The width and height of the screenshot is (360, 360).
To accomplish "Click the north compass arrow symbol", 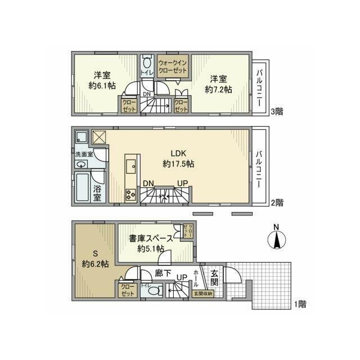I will coord(277,238).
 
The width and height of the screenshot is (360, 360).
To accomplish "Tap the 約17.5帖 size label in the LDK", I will coord(178,164).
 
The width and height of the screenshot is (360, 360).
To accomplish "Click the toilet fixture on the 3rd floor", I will coord(148,63).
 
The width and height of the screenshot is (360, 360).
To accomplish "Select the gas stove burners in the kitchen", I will coord(131,195).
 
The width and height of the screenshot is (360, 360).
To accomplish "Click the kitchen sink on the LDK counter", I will coord(130,165).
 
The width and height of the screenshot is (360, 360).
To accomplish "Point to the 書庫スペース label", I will coord(151,238).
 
